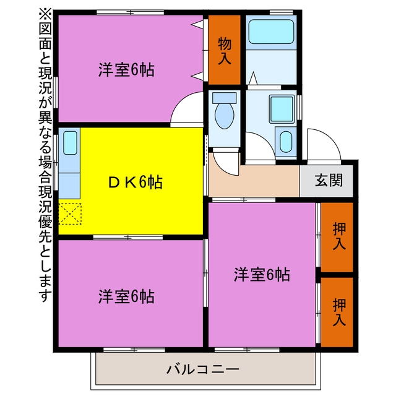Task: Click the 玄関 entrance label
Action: (x=329, y=180)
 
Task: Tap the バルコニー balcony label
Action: (x=202, y=369)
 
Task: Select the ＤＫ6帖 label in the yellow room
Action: (x=135, y=182)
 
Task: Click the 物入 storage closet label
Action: (x=224, y=51)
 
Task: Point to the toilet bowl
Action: (x=224, y=115)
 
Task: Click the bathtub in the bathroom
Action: (x=271, y=32)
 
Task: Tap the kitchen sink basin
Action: (x=70, y=143)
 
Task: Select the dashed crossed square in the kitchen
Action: (x=70, y=213)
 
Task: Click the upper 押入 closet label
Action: (x=339, y=236)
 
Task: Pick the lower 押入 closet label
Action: (x=339, y=312)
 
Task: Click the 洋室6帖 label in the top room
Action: (x=126, y=70)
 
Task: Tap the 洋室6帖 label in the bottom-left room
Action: (x=126, y=296)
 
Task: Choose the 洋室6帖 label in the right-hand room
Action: (x=262, y=274)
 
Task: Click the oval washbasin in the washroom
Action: (x=286, y=142)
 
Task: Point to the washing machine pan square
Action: (x=282, y=109)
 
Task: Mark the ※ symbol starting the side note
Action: (x=45, y=15)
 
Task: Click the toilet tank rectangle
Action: (x=224, y=98)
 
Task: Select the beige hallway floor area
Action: (x=254, y=180)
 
